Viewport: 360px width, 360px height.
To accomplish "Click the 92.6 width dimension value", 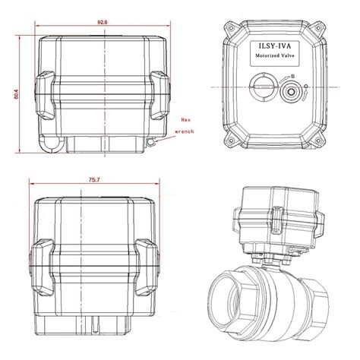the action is [103, 22].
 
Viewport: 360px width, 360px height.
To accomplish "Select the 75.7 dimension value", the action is [94, 180].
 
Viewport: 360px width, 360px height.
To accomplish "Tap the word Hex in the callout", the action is [185, 120].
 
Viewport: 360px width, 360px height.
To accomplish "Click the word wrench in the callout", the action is [185, 131].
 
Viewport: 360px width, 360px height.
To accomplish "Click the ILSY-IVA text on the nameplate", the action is [275, 46].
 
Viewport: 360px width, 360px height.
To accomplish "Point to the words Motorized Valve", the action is [275, 55].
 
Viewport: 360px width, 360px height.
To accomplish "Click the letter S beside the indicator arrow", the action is [292, 76].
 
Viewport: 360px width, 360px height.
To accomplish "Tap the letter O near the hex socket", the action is [306, 87].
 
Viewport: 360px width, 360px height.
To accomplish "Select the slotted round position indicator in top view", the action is [264, 87].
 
